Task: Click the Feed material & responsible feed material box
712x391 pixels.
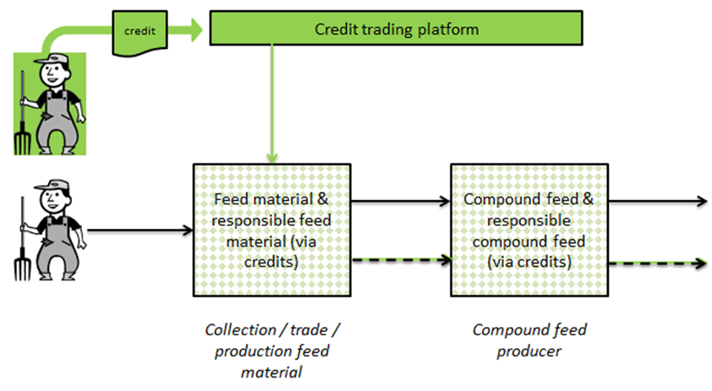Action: (271, 229)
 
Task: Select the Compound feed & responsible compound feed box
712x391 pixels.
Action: (528, 229)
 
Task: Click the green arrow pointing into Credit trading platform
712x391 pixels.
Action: (187, 31)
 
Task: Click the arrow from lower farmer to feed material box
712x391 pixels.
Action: (140, 229)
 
